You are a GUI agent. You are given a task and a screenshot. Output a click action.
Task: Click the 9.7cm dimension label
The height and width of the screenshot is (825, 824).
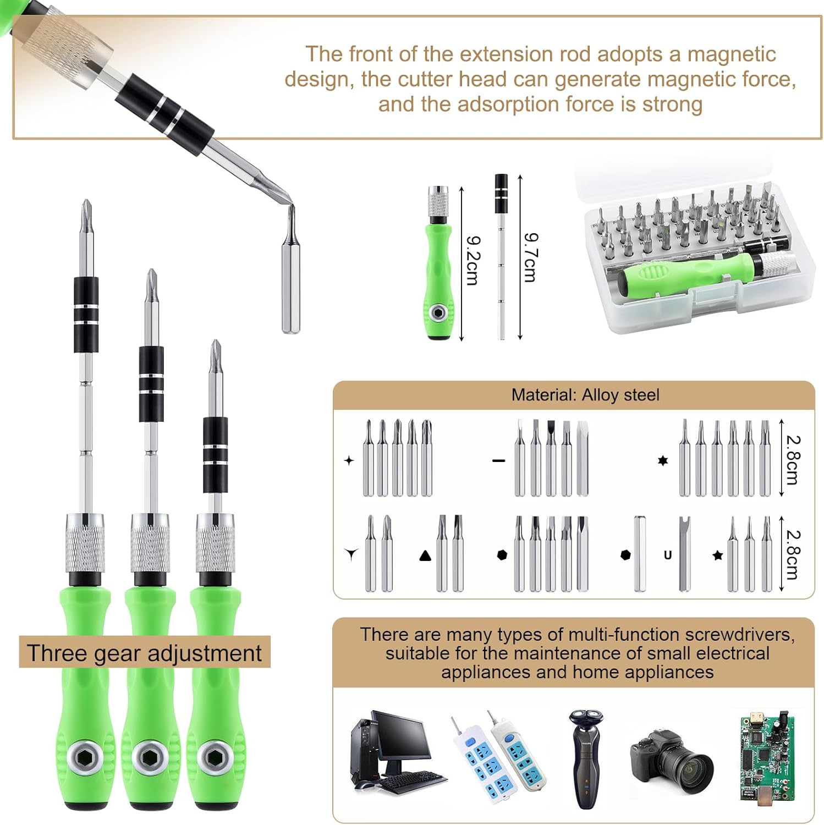click(x=530, y=257)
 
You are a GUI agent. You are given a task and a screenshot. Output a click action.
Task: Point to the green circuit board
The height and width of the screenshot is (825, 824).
click(x=767, y=759)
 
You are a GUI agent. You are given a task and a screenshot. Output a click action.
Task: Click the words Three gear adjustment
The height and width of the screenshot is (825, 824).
click(x=144, y=653)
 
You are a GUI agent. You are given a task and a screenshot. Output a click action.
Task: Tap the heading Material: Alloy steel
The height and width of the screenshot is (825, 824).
click(x=585, y=395)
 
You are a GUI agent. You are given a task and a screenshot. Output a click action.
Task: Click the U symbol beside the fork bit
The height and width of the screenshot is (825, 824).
click(x=668, y=555)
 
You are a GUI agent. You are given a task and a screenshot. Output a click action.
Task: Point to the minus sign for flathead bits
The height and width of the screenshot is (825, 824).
click(x=498, y=460)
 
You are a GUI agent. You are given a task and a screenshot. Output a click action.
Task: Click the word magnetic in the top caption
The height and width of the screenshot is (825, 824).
click(x=732, y=54)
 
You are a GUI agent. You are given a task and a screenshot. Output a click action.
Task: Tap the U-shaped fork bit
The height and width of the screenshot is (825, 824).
click(x=684, y=553)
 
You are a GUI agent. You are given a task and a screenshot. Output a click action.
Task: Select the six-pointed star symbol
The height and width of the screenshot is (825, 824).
click(x=663, y=460)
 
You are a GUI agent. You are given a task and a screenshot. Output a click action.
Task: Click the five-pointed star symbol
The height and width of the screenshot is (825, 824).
click(x=717, y=555)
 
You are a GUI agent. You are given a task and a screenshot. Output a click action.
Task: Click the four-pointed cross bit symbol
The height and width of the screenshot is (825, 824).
click(x=349, y=460)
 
